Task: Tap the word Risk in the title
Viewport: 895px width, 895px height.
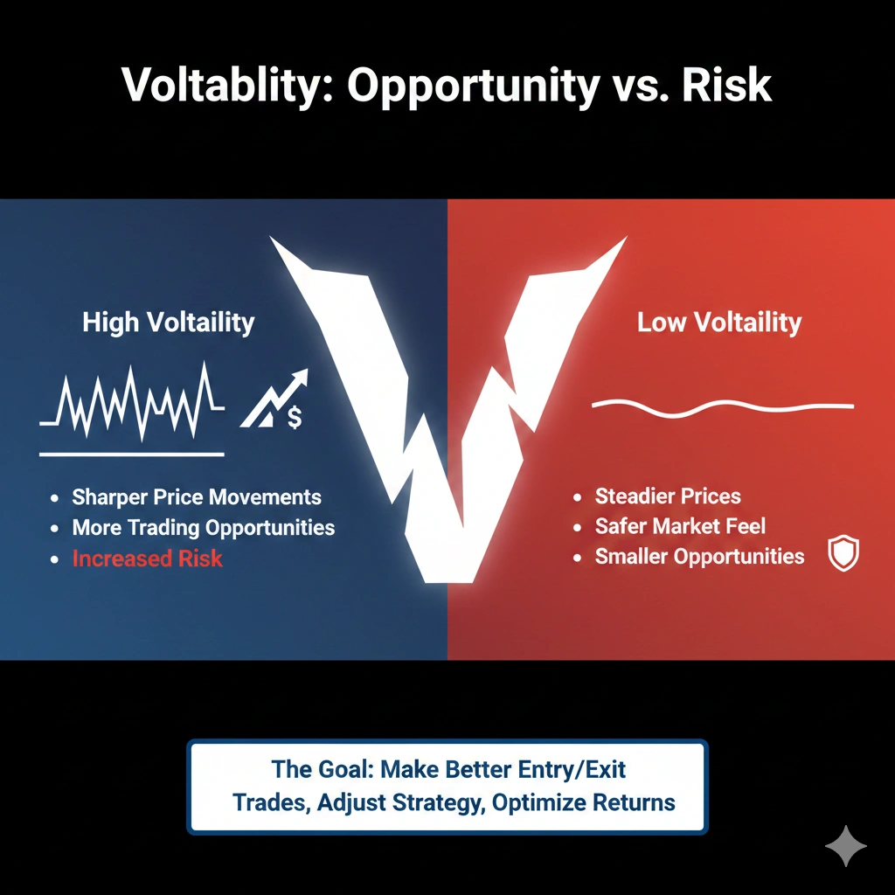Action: click(731, 86)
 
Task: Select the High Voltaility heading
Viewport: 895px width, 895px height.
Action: click(169, 323)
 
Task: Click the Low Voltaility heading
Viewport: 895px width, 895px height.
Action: click(718, 323)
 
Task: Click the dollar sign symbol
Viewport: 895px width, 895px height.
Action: click(295, 417)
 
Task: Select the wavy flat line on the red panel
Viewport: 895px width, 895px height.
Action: click(722, 406)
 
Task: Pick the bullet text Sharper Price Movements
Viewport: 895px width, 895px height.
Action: click(197, 497)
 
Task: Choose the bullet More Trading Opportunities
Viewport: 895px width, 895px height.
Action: click(203, 528)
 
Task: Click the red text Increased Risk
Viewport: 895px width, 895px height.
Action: click(147, 559)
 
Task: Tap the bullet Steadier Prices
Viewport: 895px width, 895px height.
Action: click(668, 496)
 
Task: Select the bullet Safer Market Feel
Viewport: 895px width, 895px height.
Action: click(680, 526)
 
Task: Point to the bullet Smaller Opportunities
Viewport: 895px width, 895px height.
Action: click(699, 556)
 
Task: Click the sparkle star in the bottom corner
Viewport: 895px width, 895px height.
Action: click(846, 846)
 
